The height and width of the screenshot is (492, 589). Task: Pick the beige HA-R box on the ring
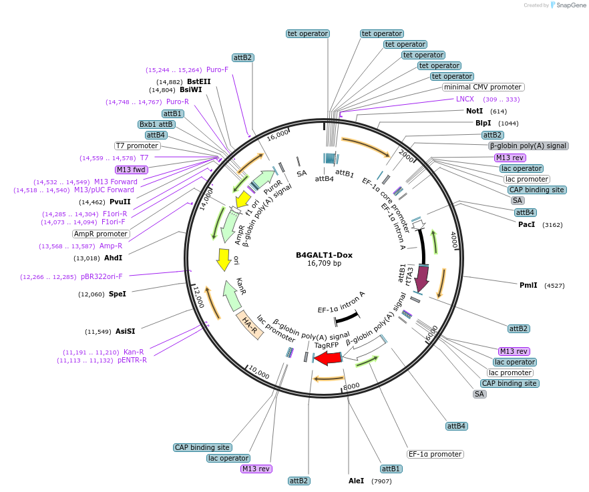pos(249,325)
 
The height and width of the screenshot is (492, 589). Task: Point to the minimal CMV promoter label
pos(483,87)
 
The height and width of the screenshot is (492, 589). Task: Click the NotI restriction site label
pos(474,111)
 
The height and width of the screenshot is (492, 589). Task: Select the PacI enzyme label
pos(526,224)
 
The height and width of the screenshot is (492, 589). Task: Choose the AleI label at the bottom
pos(357,481)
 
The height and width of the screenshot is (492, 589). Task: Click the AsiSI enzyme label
pos(125,331)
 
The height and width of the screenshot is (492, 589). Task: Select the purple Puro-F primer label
pos(217,69)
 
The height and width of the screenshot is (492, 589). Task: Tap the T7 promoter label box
pos(138,146)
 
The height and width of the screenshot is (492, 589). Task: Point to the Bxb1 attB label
pos(156,124)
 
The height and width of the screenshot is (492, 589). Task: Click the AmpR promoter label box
pos(101,234)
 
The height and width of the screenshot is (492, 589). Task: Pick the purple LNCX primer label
pos(465,99)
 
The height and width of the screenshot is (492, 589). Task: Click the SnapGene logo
pos(568,5)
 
